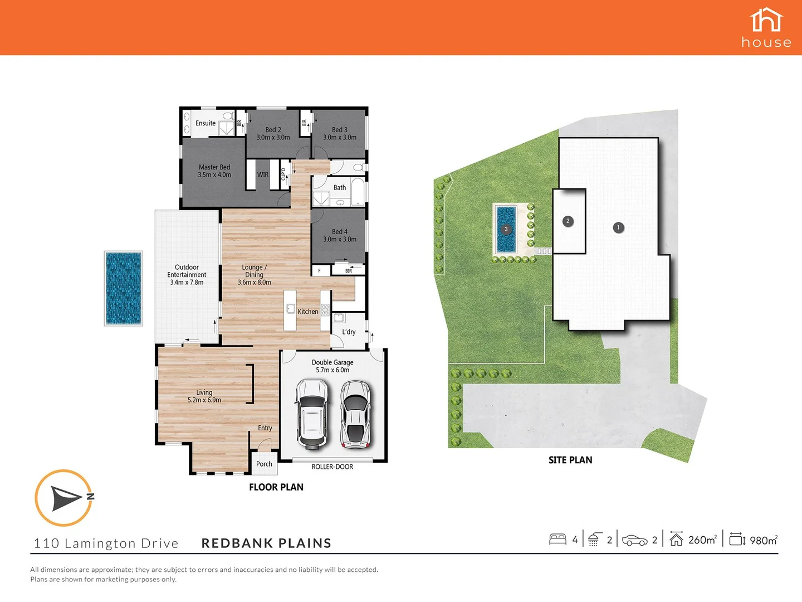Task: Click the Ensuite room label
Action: click(x=206, y=123)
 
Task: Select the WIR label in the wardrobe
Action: click(x=263, y=175)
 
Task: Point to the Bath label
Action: click(x=340, y=188)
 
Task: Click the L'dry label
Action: click(x=349, y=332)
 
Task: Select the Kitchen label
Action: click(x=308, y=312)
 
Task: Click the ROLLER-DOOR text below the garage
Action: click(x=332, y=467)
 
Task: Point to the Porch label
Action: click(x=264, y=464)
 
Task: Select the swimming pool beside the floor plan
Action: click(x=124, y=288)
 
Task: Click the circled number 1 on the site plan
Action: click(x=618, y=227)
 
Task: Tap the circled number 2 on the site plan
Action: click(x=568, y=221)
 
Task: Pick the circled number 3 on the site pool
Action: click(x=506, y=229)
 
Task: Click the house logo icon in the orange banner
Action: click(x=766, y=21)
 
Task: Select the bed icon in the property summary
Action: click(x=558, y=540)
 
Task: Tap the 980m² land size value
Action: click(x=763, y=540)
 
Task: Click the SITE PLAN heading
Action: click(x=570, y=460)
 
